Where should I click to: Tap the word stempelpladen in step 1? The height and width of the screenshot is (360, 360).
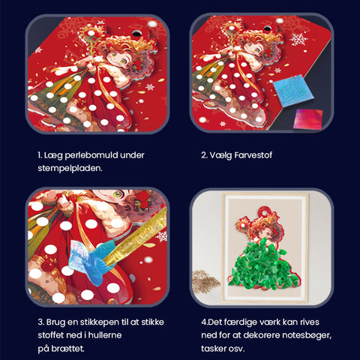[70, 169]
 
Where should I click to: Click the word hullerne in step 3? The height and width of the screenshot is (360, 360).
[105, 335]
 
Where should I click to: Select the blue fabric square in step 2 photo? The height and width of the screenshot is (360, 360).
[292, 91]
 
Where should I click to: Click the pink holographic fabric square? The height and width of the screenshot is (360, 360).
[308, 118]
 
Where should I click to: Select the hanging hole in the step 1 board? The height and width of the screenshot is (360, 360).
[136, 33]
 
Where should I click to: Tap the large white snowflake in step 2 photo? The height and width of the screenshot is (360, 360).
[298, 40]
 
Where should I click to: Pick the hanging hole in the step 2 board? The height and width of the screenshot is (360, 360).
[267, 28]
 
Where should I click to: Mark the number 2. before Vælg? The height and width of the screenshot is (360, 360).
[204, 155]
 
